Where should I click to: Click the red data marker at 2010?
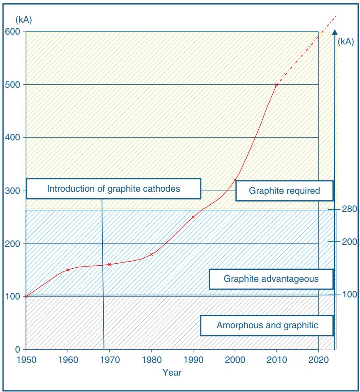[x=276, y=85]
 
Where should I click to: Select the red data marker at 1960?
[x=68, y=270]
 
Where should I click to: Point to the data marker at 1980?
[x=151, y=254]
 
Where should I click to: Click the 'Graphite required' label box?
[x=284, y=191]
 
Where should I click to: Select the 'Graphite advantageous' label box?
[x=271, y=279]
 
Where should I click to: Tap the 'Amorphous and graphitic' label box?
[x=267, y=325]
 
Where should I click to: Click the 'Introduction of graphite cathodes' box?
[x=114, y=189]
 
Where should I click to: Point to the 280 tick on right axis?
[x=349, y=209]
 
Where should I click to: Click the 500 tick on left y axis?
[x=15, y=85]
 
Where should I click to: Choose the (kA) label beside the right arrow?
[x=345, y=42]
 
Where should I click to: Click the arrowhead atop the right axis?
[x=335, y=32]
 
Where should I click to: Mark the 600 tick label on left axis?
[x=15, y=32]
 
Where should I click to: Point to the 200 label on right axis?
[x=349, y=241]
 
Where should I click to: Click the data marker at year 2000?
[x=235, y=180]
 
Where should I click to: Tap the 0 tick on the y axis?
[x=18, y=349]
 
